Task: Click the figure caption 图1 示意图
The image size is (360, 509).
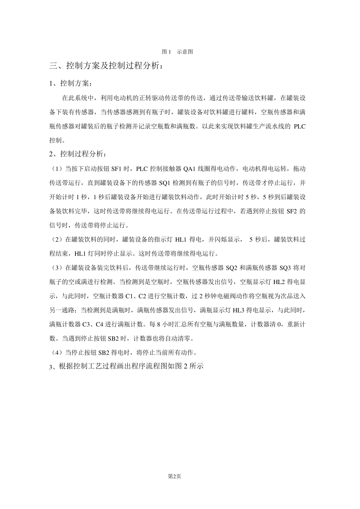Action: point(177,52)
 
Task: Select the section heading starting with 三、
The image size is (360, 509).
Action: point(108,66)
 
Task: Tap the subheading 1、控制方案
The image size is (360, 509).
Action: point(70,83)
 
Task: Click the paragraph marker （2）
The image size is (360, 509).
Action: point(57,240)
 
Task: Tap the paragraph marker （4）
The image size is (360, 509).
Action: point(57,353)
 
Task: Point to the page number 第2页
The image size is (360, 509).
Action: point(174,476)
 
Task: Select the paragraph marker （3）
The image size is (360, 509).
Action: point(57,268)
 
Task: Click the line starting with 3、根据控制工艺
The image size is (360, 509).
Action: point(127,367)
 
